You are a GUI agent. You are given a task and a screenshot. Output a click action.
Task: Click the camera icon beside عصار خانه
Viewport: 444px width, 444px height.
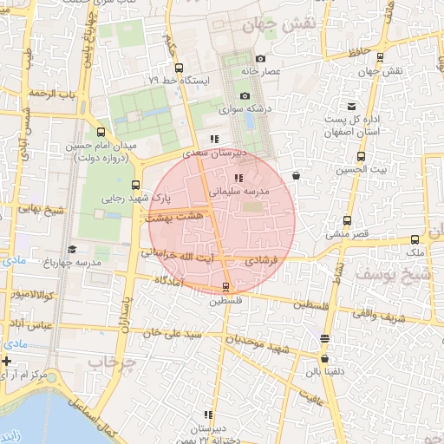(261, 58)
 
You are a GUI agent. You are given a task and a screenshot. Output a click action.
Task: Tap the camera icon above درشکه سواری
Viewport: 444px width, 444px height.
(245, 95)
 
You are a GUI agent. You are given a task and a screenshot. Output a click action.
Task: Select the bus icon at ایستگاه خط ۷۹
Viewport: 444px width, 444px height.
(179, 68)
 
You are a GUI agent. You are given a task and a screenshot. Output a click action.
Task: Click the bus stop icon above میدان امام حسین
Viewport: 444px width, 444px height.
(101, 133)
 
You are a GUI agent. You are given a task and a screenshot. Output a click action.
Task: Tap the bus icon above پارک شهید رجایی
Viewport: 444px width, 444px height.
(135, 185)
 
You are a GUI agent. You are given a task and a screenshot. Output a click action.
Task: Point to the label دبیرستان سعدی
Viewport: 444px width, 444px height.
(219, 152)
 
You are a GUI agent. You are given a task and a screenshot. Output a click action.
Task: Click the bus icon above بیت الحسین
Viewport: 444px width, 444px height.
(362, 157)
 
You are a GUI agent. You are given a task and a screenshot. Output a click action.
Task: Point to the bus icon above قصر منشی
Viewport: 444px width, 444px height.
(347, 220)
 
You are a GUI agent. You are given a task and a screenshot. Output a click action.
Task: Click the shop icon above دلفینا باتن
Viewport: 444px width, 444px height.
(325, 358)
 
